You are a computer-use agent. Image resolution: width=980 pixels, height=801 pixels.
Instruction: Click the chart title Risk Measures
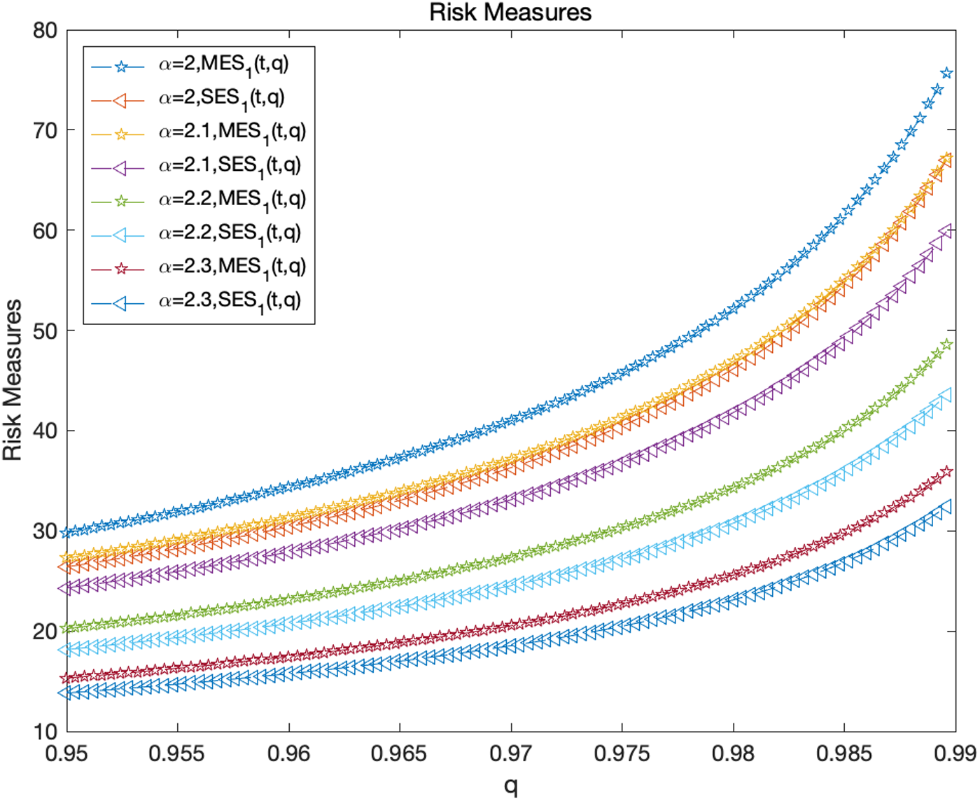coord(510,13)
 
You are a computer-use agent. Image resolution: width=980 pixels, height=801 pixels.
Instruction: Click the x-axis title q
coord(511,786)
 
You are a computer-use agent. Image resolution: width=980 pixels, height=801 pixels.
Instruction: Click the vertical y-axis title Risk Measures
coord(13,380)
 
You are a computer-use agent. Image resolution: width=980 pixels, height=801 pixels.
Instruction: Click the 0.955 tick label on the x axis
coord(177,754)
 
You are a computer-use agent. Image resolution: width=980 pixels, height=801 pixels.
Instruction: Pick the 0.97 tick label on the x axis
coord(511,754)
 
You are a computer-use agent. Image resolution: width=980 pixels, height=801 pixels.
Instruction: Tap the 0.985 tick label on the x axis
coord(844,754)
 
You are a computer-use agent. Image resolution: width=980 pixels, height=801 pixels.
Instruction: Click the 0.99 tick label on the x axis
coord(955,754)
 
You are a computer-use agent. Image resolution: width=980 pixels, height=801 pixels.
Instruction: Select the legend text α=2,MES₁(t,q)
coord(223,66)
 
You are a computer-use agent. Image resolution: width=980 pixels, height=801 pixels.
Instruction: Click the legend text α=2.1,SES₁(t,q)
coord(230,167)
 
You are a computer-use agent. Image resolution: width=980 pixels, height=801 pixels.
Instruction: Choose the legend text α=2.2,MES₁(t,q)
coord(232,200)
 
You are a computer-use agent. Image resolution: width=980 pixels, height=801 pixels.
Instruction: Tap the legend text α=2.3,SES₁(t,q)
coord(230,302)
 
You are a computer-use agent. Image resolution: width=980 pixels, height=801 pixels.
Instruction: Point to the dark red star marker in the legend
coord(121,269)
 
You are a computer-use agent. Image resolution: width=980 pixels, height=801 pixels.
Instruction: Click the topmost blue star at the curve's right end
coord(946,74)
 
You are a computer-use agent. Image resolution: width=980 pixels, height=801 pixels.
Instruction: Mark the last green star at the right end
coord(946,344)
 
